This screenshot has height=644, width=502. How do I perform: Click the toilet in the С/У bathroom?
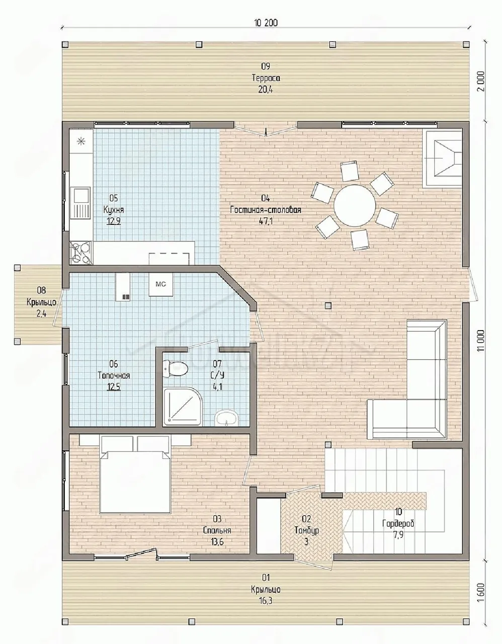tap(176, 369)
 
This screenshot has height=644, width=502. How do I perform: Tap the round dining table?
tap(355, 205)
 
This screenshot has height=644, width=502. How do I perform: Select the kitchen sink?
tap(80, 203)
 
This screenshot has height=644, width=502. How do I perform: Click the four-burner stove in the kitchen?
tap(81, 253)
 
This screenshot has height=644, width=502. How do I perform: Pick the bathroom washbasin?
tap(226, 418)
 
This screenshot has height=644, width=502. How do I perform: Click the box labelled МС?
tap(161, 284)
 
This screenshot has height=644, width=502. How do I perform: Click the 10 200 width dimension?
tap(266, 23)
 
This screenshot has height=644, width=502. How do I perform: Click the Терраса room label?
tap(266, 78)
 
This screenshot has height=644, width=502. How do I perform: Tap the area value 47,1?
tap(266, 221)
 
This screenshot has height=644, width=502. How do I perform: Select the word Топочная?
tap(114, 375)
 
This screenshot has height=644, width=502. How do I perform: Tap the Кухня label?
tap(114, 209)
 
